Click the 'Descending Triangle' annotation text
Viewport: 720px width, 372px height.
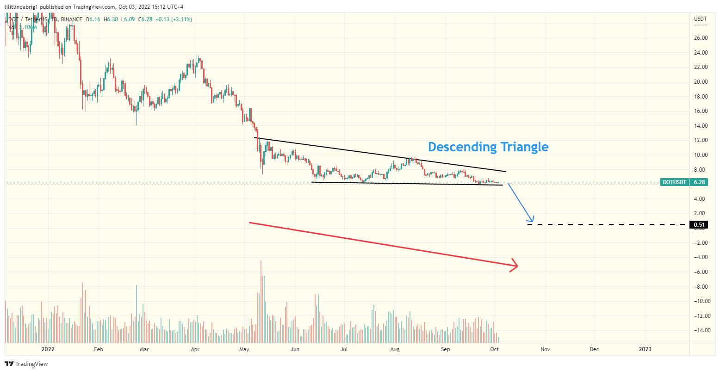(488, 147)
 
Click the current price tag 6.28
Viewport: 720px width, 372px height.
(700, 182)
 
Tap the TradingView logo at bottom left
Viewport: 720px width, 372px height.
(27, 364)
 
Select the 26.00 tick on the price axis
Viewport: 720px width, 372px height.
(701, 38)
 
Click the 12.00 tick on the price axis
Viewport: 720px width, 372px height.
(701, 140)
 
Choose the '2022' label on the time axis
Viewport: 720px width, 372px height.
(48, 349)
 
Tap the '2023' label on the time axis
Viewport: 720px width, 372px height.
(645, 349)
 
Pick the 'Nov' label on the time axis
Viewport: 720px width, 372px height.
(545, 349)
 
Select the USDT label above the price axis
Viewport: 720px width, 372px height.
(700, 19)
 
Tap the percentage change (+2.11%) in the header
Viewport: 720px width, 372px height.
(182, 19)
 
